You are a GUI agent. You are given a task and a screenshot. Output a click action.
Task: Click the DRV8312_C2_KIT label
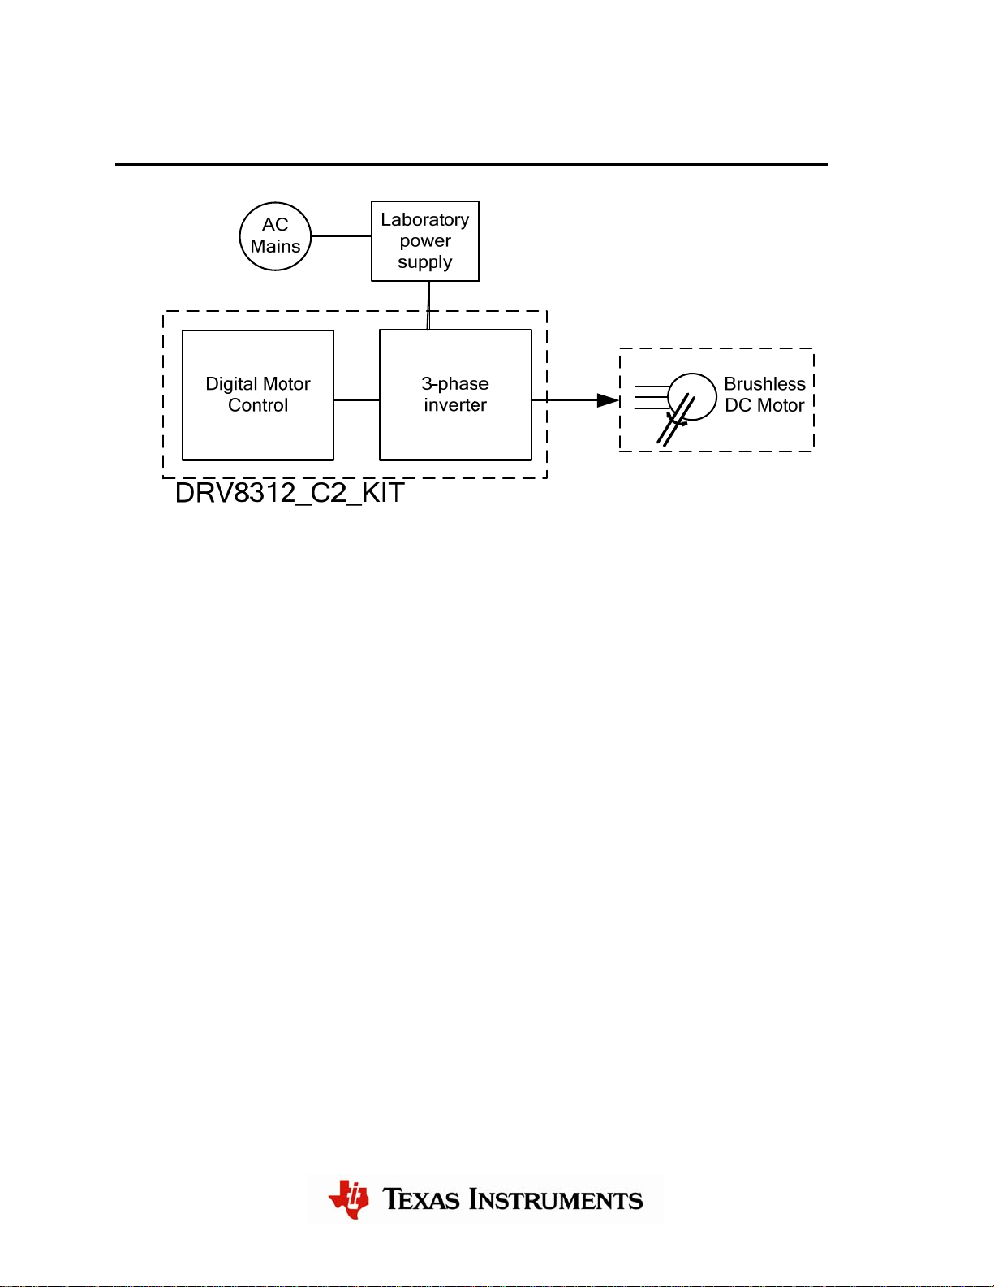290,494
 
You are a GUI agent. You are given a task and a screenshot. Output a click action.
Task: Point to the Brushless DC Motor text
764,395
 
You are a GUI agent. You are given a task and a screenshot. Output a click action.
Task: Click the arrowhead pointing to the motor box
609,400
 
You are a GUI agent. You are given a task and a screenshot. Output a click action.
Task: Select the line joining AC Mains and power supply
342,236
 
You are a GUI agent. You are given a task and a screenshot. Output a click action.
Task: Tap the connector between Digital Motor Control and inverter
357,400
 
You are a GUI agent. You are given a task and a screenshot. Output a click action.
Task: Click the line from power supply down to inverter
428,305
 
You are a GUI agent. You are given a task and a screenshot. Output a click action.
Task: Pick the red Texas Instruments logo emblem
348,1199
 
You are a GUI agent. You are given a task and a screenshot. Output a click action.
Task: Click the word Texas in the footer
420,1199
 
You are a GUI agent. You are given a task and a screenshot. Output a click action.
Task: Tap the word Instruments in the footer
556,1199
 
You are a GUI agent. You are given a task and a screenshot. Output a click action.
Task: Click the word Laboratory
425,220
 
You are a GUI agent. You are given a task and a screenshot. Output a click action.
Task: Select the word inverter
455,405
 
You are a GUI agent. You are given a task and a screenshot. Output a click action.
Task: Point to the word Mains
275,246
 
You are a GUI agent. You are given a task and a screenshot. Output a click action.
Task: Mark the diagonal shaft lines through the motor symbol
676,420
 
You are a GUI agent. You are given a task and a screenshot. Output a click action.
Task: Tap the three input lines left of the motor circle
652,397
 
